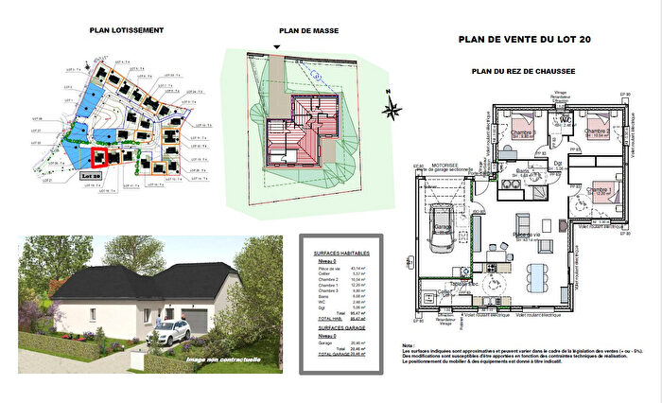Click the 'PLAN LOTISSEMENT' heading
(x=126, y=31)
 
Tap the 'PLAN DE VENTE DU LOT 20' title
(x=525, y=40)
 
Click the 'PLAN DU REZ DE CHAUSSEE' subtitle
(x=524, y=72)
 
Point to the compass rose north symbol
(x=392, y=107)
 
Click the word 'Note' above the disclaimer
(x=409, y=345)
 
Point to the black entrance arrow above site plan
(x=278, y=46)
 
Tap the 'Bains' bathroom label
(x=521, y=172)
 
